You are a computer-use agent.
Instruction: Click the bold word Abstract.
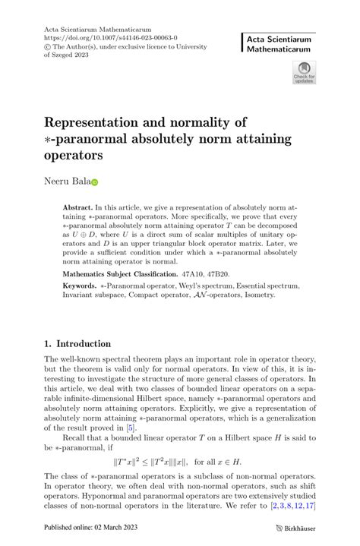point(77,207)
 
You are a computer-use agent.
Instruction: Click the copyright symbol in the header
point(48,46)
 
